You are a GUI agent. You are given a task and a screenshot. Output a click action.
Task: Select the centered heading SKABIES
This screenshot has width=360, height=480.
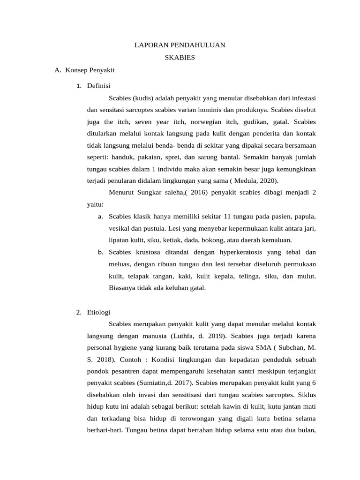point(180,58)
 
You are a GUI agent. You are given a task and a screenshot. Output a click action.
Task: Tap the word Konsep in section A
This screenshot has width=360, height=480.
point(76,71)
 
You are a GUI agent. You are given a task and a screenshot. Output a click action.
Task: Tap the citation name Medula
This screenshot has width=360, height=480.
point(247,180)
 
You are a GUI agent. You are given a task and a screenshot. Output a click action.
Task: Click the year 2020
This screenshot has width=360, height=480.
point(269,180)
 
